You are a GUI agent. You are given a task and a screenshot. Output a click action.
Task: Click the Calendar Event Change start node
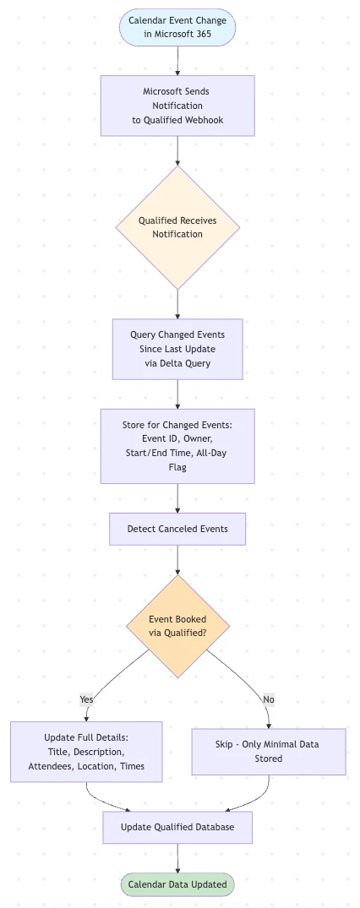[177, 27]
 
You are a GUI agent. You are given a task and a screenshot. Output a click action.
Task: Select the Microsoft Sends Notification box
[177, 106]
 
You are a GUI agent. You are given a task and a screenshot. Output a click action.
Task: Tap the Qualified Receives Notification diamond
[177, 227]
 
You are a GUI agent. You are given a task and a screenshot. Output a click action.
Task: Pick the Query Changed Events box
[177, 349]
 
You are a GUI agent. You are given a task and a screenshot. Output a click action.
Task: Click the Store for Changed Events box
[177, 446]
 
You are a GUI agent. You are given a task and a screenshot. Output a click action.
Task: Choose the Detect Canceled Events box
[177, 529]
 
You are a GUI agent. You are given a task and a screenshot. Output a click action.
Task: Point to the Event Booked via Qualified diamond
[177, 626]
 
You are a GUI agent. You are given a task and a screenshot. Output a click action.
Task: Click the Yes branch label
[86, 699]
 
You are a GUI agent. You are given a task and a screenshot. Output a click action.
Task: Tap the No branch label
[269, 699]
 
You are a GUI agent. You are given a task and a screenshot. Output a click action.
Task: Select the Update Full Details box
[86, 752]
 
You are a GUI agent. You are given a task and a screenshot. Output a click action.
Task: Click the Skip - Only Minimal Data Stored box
[269, 752]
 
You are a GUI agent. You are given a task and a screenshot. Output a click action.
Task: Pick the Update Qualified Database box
[177, 827]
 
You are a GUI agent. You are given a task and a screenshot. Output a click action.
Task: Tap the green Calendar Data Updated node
[177, 884]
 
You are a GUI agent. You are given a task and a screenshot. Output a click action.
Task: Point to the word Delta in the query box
[171, 364]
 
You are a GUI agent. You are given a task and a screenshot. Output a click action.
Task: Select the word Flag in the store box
[177, 467]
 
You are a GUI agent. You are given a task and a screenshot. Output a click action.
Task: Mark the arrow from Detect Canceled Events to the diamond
[177, 560]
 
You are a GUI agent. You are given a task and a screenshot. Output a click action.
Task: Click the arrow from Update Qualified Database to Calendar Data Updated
[177, 858]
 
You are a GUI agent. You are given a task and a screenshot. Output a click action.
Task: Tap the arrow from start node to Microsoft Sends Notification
[177, 60]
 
